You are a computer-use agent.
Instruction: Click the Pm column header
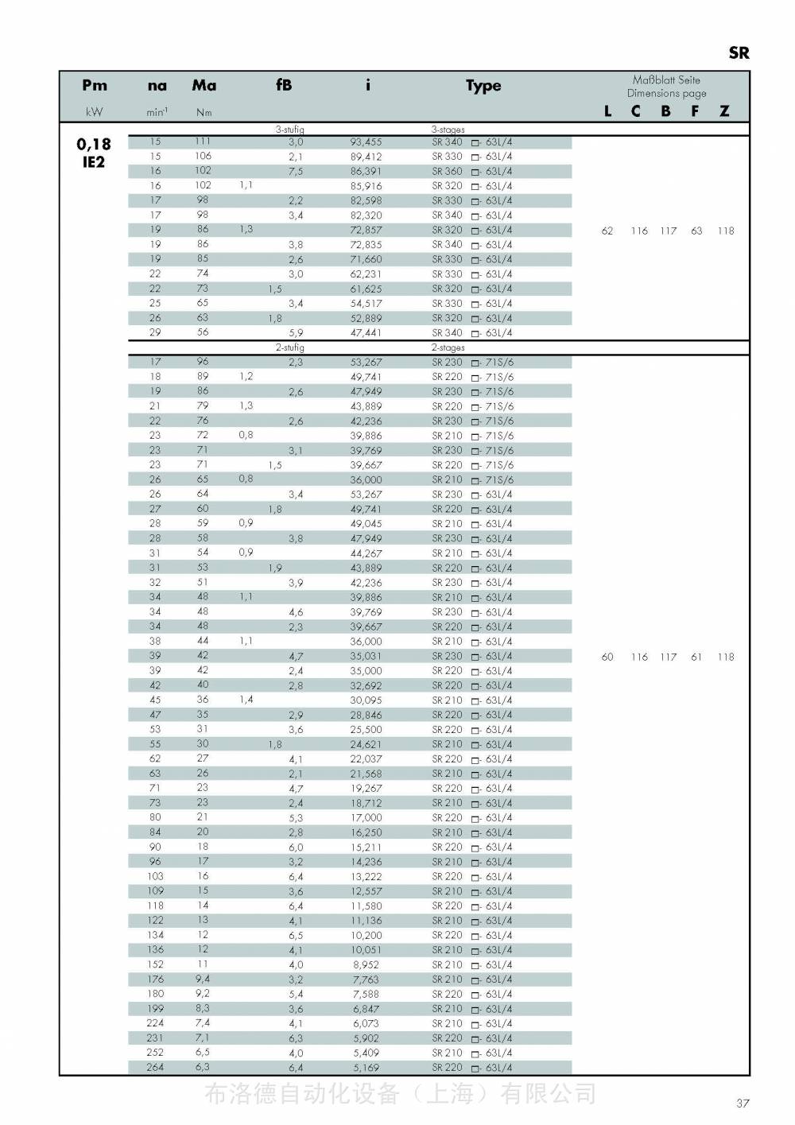(94, 85)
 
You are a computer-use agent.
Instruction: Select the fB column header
(284, 85)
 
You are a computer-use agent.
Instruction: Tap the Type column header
(483, 86)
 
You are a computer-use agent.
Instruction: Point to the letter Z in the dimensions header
(724, 111)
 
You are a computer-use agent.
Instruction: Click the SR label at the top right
(739, 53)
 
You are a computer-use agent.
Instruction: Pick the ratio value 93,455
(366, 142)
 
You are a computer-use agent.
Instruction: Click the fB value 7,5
(296, 172)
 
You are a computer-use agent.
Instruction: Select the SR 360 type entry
(447, 172)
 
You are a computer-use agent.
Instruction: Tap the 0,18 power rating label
(94, 144)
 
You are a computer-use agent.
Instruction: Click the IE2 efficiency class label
(94, 162)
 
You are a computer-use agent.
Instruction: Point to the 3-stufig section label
(290, 129)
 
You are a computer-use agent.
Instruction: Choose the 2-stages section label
(448, 347)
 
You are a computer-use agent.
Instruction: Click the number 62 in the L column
(607, 231)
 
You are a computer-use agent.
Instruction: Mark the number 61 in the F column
(696, 657)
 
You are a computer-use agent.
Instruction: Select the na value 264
(155, 1067)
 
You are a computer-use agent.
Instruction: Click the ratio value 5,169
(366, 1068)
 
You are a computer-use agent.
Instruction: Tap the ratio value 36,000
(366, 480)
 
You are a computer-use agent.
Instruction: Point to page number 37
(743, 1103)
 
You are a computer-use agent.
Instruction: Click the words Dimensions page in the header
(666, 93)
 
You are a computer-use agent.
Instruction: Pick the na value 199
(155, 1008)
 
